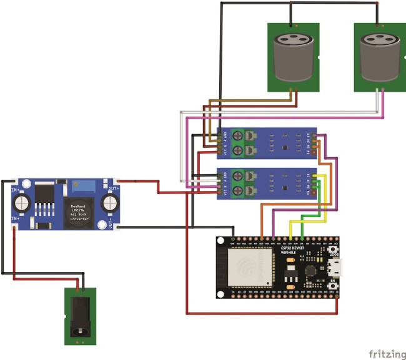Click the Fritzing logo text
click(387, 354)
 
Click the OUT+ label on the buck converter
click(114, 187)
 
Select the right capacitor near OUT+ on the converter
click(111, 203)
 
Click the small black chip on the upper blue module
click(285, 148)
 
